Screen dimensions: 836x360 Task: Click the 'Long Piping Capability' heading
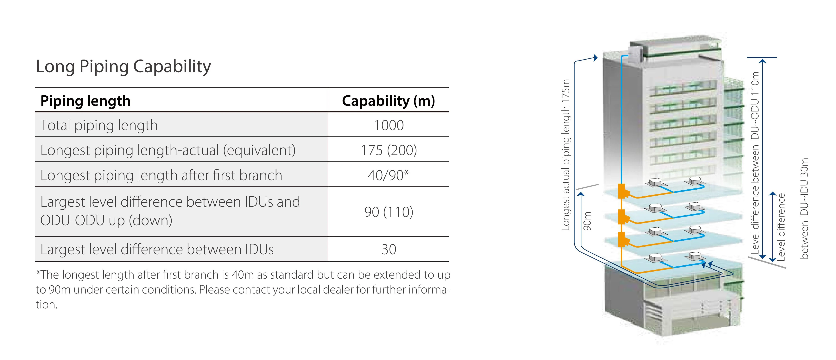pyautogui.click(x=123, y=66)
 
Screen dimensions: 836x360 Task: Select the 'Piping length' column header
pyautogui.click(x=85, y=101)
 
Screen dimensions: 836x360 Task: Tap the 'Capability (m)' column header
pyautogui.click(x=389, y=101)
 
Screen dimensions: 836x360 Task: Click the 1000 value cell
pyautogui.click(x=389, y=125)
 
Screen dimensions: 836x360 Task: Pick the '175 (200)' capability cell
pyautogui.click(x=389, y=150)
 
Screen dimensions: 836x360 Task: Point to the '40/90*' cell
pyautogui.click(x=389, y=175)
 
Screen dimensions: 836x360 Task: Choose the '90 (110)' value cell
pyautogui.click(x=389, y=212)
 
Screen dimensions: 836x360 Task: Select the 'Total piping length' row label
pyautogui.click(x=99, y=125)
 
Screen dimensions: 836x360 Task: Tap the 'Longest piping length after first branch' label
pyautogui.click(x=161, y=175)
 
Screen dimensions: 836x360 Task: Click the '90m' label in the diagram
pyautogui.click(x=587, y=221)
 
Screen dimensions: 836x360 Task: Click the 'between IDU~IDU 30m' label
pyautogui.click(x=804, y=208)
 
